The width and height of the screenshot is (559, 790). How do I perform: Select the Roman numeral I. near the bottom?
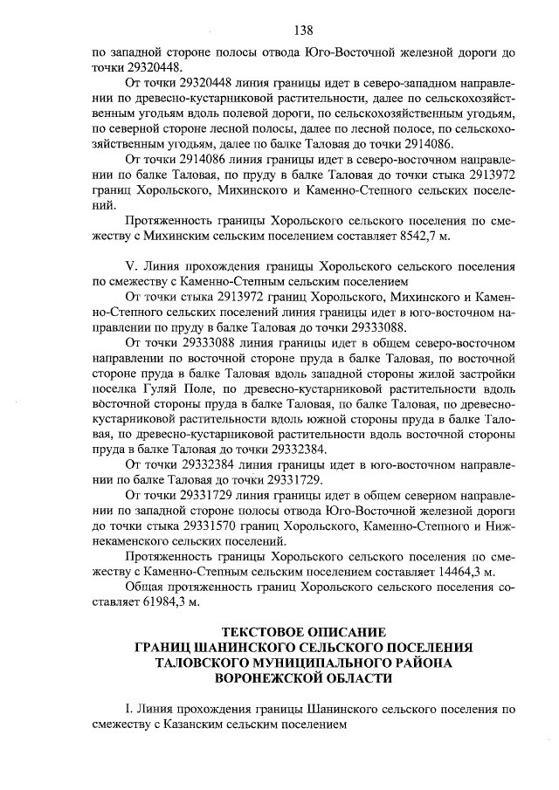tap(130, 707)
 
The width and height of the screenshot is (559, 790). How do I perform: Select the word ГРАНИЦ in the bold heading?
tap(163, 647)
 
